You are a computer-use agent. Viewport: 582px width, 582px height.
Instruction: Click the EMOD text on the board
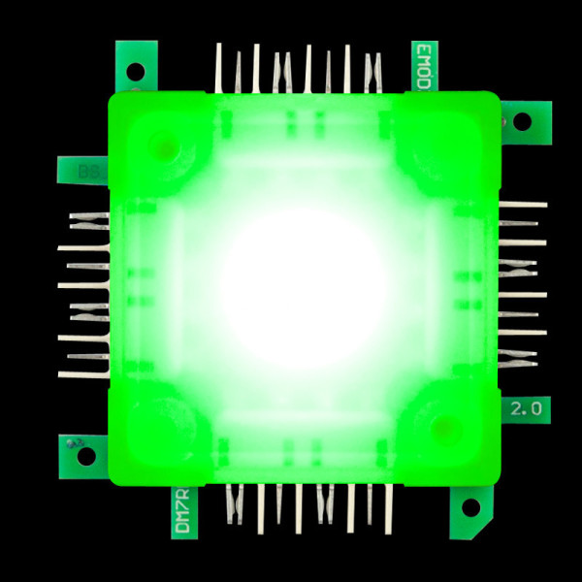point(423,67)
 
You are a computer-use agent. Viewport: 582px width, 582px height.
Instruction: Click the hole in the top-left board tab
point(136,70)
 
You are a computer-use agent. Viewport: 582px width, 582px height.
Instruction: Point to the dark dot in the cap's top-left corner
point(166,147)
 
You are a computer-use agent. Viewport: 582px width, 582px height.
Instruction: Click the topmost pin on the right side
point(523,205)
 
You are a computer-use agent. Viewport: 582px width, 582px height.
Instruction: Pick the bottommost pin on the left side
point(82,374)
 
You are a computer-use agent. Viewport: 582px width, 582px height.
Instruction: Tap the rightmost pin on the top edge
point(376,72)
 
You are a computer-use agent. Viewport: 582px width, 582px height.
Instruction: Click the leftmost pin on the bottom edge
point(230,504)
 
